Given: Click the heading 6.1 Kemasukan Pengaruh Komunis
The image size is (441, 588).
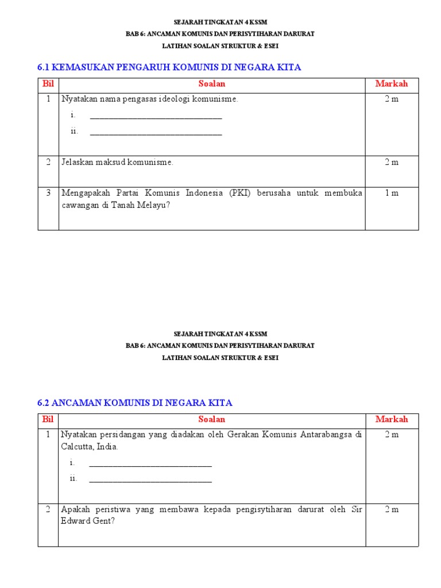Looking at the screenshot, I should tap(169, 68).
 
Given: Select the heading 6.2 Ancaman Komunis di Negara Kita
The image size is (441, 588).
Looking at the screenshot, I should tap(135, 403).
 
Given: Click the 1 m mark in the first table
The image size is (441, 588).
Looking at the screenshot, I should tap(392, 193).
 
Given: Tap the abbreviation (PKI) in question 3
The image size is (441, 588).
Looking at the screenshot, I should tap(241, 193).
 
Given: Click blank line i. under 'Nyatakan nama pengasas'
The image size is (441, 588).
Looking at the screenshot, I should tap(156, 116).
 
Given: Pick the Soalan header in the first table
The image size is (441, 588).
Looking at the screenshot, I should tap(212, 84).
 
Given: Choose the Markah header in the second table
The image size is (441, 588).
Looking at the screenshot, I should tap(392, 419).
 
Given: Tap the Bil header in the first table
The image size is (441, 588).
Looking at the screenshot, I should tap(48, 84).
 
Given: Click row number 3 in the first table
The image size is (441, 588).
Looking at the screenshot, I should tap(48, 193).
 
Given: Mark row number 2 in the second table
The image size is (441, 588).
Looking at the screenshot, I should tap(48, 509).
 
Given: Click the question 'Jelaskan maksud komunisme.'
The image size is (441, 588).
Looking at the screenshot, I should tap(117, 163).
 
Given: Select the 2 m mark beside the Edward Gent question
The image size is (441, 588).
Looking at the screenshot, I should tap(392, 509).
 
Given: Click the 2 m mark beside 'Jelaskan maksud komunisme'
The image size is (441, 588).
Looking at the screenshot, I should tap(392, 163).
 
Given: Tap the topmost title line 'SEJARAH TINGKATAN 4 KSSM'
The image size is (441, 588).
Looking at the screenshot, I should tap(220, 22).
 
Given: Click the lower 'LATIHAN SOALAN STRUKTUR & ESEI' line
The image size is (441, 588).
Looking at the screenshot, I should tap(220, 358).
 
